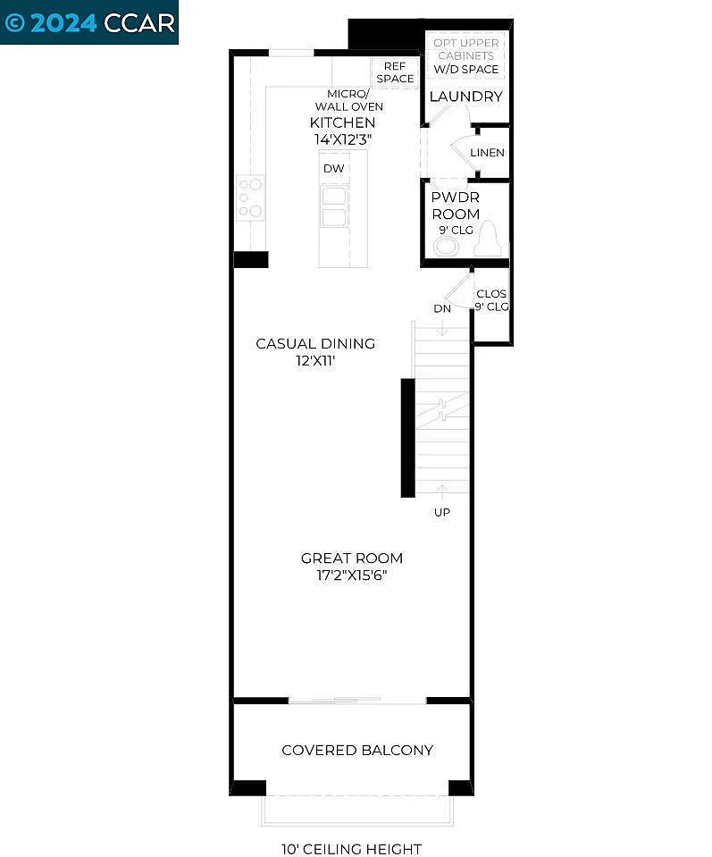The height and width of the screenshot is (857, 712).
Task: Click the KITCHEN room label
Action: [342, 122]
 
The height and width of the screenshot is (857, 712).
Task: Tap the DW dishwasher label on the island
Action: [333, 168]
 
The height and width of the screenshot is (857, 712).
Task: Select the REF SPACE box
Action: [395, 72]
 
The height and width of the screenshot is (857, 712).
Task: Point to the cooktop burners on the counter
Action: [250, 197]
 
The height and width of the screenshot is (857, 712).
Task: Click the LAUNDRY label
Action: [465, 97]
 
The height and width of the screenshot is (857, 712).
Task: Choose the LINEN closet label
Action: [487, 153]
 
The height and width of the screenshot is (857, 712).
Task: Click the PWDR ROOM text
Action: [456, 206]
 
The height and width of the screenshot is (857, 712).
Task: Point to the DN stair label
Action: [442, 308]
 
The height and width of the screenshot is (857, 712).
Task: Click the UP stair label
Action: [442, 512]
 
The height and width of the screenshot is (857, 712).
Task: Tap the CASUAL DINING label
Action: [315, 344]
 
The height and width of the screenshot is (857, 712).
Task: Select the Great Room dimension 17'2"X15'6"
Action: [351, 576]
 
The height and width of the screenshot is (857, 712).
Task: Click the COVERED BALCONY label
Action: [357, 750]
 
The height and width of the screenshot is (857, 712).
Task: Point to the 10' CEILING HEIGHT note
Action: [351, 849]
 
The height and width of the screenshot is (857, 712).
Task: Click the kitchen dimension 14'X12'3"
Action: [342, 139]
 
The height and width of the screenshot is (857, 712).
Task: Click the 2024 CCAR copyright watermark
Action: [89, 22]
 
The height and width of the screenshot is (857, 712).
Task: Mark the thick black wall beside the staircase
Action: [407, 437]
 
